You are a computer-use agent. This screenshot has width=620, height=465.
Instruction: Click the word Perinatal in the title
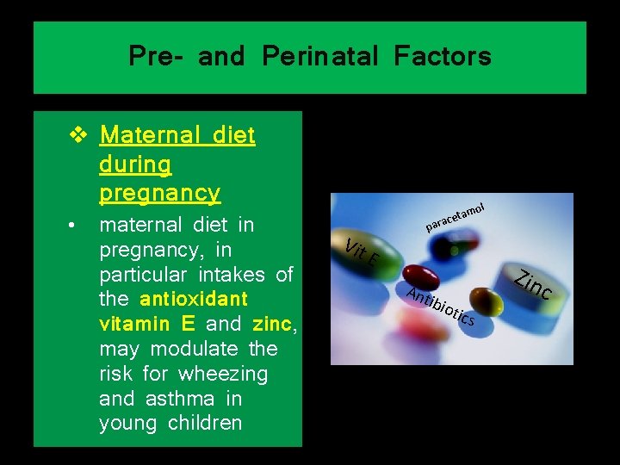319,57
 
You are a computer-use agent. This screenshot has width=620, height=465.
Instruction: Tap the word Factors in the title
443,57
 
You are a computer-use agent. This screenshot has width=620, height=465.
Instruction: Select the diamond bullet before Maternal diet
78,135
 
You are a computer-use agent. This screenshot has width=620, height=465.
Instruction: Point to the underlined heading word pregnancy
159,191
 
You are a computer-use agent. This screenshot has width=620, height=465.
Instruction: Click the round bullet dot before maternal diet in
76,226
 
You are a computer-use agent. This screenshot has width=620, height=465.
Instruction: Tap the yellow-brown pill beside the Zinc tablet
490,301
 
